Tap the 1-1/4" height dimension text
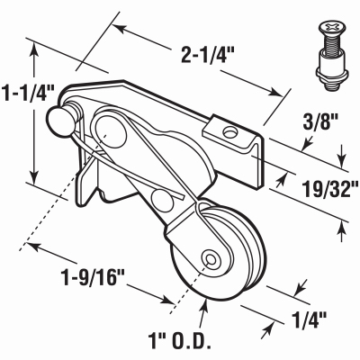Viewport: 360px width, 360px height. (29, 91)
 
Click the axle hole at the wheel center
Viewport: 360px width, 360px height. (210, 260)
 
